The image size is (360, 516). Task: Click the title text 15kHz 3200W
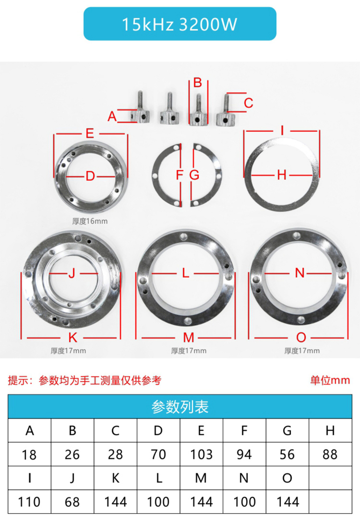[180, 24]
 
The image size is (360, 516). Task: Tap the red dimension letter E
[90, 133]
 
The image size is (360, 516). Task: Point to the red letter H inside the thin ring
[282, 175]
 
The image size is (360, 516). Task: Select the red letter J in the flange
[72, 273]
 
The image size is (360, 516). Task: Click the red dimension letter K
[72, 337]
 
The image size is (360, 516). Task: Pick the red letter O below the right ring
[301, 337]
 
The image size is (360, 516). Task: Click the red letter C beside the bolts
[248, 103]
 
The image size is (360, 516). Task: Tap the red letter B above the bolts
[197, 82]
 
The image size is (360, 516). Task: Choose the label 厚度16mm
[90, 221]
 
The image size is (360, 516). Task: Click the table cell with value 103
[201, 454]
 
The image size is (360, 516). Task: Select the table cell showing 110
[29, 502]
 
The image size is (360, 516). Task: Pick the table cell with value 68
[72, 502]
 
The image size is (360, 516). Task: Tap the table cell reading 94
[244, 454]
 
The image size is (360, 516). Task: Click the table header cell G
[287, 430]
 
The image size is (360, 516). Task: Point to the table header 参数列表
[180, 407]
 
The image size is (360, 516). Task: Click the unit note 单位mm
[330, 381]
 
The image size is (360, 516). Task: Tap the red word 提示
[18, 381]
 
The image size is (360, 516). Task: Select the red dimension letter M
[188, 337]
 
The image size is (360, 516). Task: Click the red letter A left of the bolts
[112, 116]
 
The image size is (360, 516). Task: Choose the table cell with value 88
[330, 454]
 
